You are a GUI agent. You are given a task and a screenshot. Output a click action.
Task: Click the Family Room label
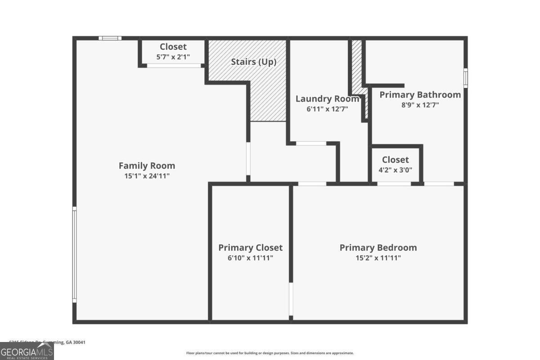coord(147,166)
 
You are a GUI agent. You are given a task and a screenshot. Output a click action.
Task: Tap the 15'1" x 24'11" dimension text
coord(147,176)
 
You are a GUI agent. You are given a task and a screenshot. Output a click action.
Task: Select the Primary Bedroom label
coord(378,247)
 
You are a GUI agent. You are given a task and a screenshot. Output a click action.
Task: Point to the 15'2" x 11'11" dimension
coord(378,258)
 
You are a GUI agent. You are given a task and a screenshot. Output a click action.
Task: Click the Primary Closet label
coord(250,247)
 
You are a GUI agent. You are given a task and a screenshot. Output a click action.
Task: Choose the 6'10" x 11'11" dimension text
coord(250,258)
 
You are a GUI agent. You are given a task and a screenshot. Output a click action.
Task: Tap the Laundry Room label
coord(327,99)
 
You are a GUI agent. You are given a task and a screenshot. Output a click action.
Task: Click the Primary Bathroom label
coord(420,94)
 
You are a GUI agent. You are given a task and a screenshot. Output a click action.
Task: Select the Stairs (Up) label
coord(253,62)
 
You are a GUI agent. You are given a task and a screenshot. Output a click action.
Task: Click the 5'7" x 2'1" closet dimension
coord(173,57)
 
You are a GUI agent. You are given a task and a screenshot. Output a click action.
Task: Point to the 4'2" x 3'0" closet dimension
coord(395,170)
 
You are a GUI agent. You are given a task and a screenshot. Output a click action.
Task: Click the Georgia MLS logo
coord(27,351)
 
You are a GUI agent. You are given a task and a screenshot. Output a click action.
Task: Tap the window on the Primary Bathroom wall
coord(466,78)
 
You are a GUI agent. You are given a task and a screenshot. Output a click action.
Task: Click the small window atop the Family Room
coord(110,38)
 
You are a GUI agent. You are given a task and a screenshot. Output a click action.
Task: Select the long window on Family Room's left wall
coord(75,254)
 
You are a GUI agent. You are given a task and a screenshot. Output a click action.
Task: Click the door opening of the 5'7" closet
coord(174,66)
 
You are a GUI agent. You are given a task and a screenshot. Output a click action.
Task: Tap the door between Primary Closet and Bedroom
coord(291,299)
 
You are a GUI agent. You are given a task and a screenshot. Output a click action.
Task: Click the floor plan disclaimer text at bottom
coord(270,353)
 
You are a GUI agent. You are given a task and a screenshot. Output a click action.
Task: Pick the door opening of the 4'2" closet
coord(394,184)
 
